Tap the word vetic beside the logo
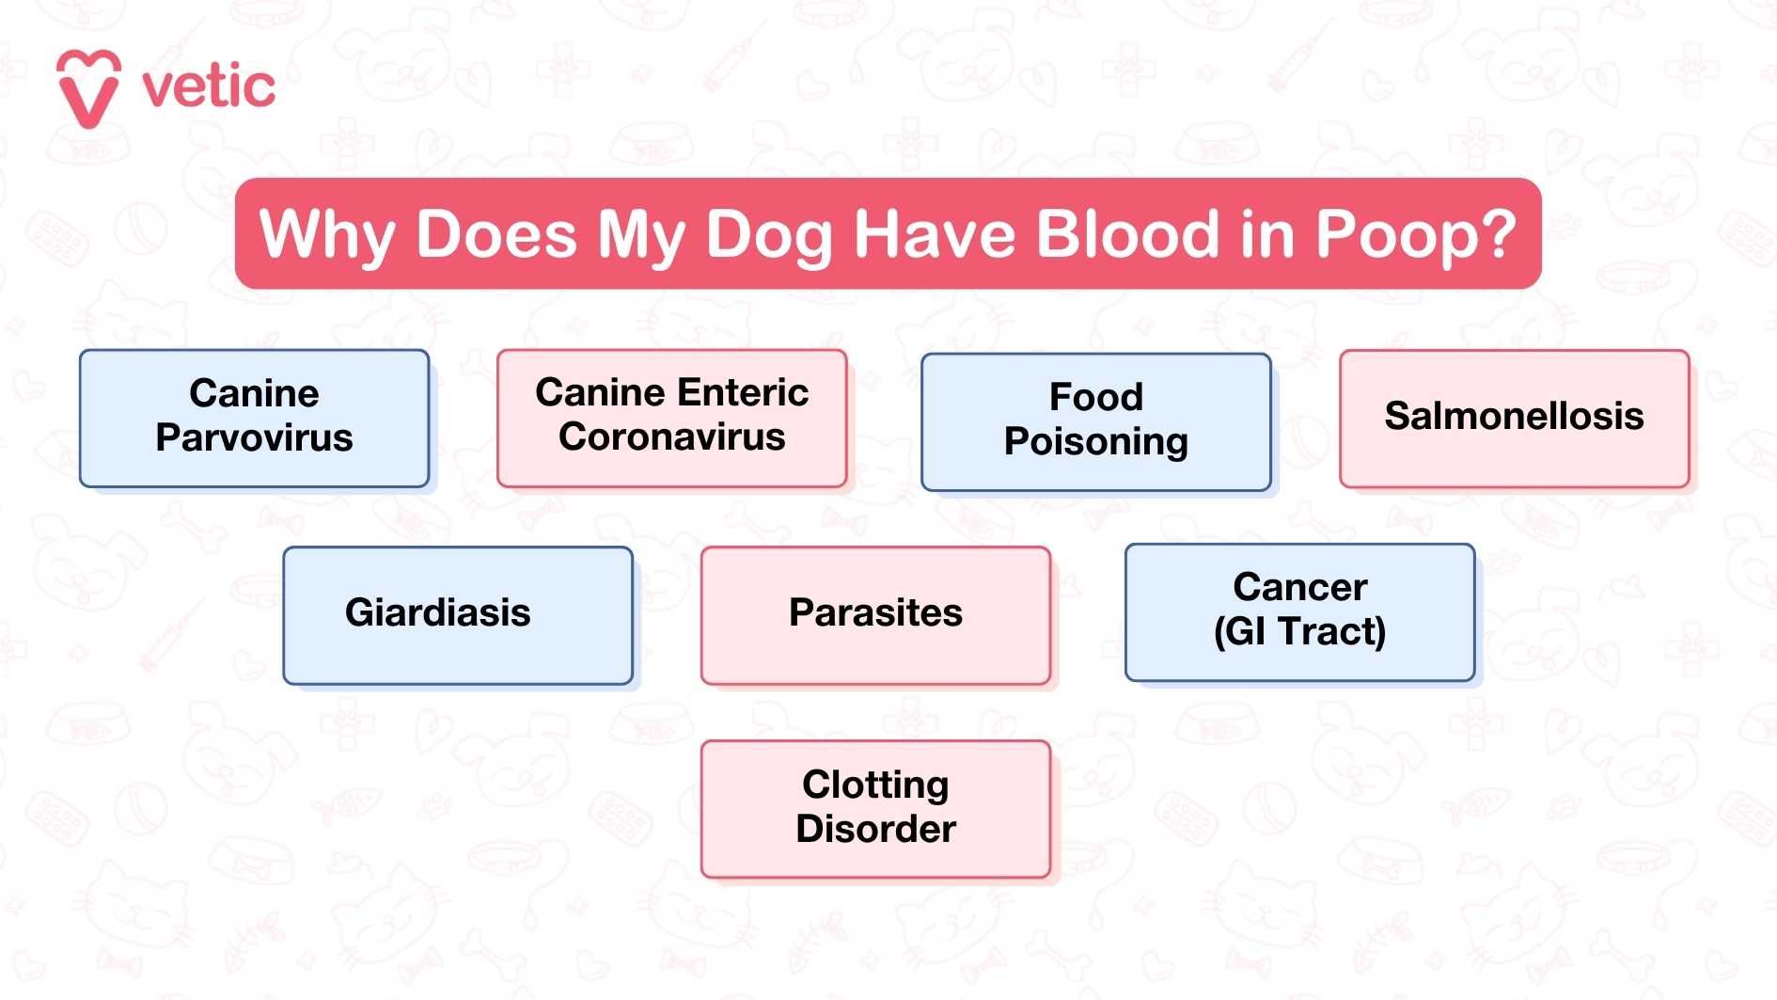pyautogui.click(x=209, y=87)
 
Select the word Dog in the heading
pyautogui.click(x=769, y=235)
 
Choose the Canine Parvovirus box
pyautogui.click(x=254, y=418)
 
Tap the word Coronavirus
pyautogui.click(x=671, y=437)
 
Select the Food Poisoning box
pyautogui.click(x=1095, y=421)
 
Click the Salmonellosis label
pyautogui.click(x=1514, y=416)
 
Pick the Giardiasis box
pyautogui.click(x=438, y=613)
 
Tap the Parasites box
pyautogui.click(x=875, y=613)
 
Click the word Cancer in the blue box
pyautogui.click(x=1299, y=587)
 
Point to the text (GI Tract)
pyautogui.click(x=1299, y=631)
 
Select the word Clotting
pyautogui.click(x=875, y=785)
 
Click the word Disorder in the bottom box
pyautogui.click(x=875, y=829)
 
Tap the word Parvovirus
pyautogui.click(x=254, y=438)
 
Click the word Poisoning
pyautogui.click(x=1095, y=442)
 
